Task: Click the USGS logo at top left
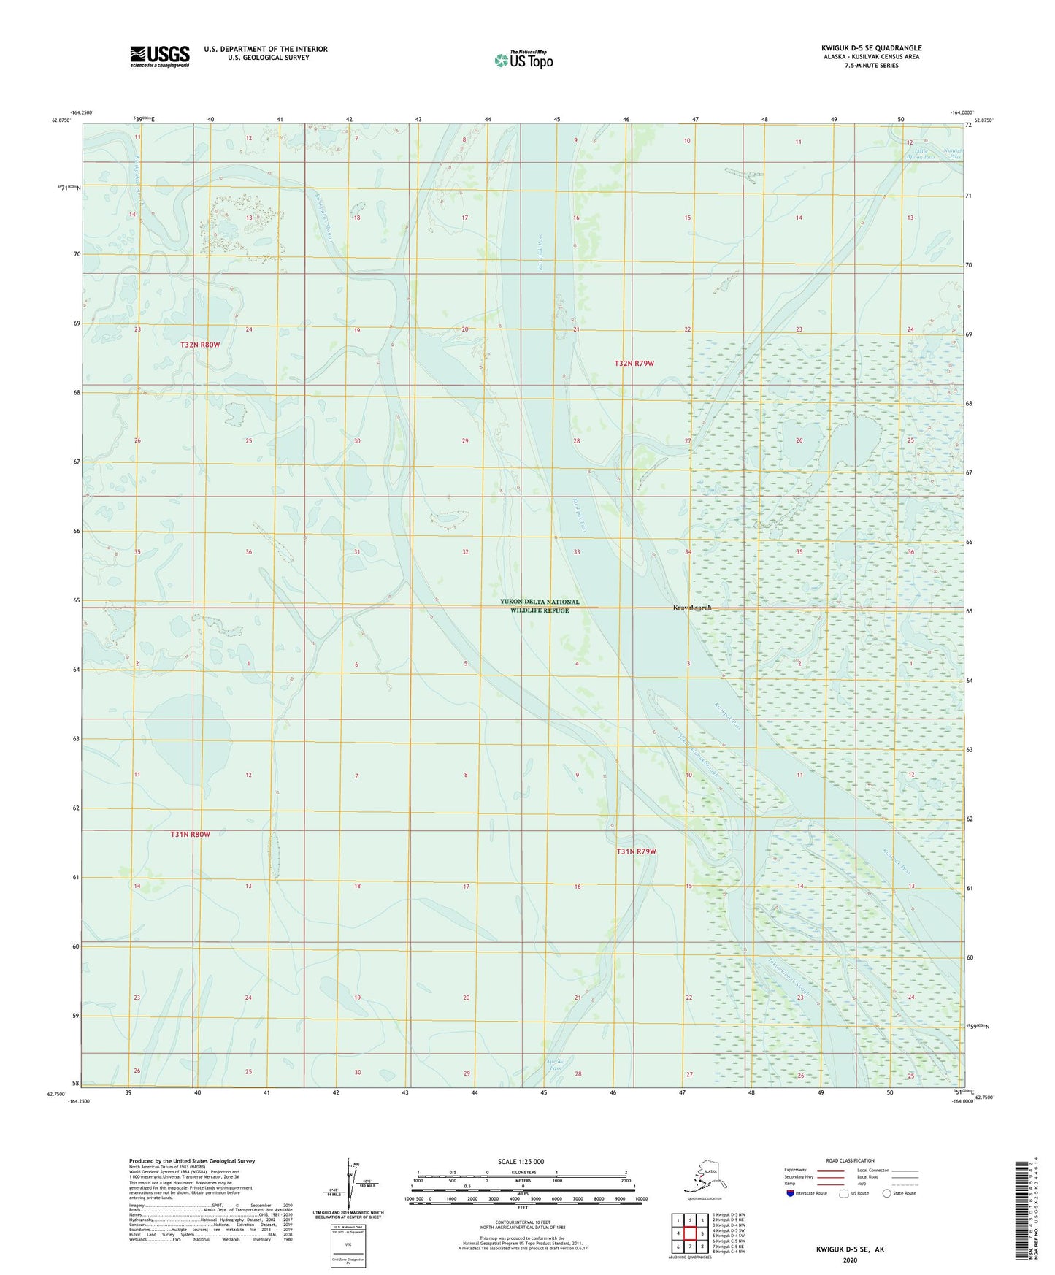click(x=160, y=56)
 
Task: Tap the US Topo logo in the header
click(x=523, y=60)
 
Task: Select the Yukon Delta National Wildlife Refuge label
click(x=540, y=606)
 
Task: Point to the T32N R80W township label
click(x=200, y=344)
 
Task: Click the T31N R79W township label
click(x=636, y=851)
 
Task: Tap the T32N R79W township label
click(x=634, y=363)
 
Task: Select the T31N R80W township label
click(x=190, y=834)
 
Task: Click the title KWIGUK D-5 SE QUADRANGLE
click(x=871, y=48)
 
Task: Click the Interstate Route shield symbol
click(x=791, y=1194)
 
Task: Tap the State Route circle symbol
click(x=887, y=1194)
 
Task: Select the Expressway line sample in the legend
click(x=830, y=1171)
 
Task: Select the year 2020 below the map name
click(x=849, y=1260)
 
